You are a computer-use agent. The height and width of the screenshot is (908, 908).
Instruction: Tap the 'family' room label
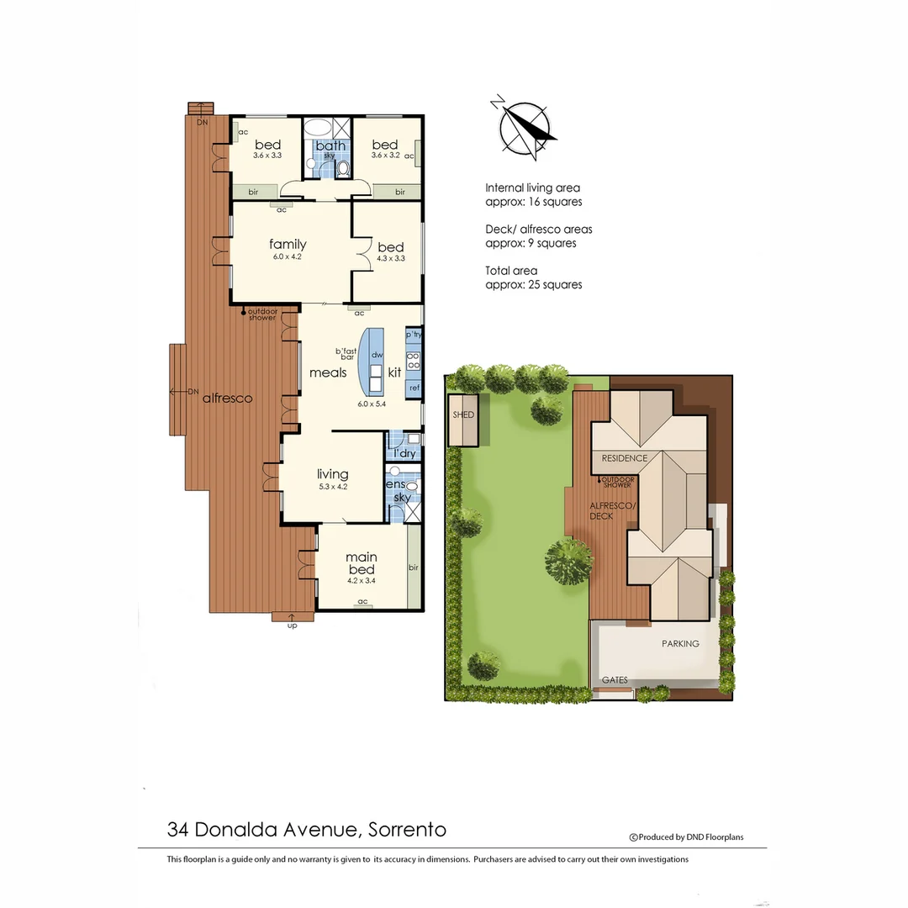pyautogui.click(x=288, y=245)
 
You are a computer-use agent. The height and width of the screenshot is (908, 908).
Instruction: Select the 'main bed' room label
pyautogui.click(x=362, y=563)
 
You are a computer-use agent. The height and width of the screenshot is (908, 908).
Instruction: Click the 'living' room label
pyautogui.click(x=332, y=474)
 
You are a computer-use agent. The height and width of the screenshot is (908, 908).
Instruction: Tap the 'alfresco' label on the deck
pyautogui.click(x=227, y=399)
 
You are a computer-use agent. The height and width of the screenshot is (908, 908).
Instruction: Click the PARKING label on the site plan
pyautogui.click(x=679, y=644)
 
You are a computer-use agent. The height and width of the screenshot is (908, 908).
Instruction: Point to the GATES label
pyautogui.click(x=614, y=680)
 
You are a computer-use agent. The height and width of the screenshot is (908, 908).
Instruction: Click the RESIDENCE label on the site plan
pyautogui.click(x=624, y=458)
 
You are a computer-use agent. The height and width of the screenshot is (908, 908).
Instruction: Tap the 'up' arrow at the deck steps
pyautogui.click(x=293, y=622)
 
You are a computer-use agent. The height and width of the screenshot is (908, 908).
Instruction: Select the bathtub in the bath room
pyautogui.click(x=317, y=129)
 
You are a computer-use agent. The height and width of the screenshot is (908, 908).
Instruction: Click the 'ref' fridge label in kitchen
pyautogui.click(x=414, y=388)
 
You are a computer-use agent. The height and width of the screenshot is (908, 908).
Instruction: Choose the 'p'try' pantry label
pyautogui.click(x=414, y=335)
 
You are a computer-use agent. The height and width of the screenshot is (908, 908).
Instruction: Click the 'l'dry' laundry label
pyautogui.click(x=404, y=454)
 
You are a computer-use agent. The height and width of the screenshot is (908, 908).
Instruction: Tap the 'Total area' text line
pyautogui.click(x=511, y=271)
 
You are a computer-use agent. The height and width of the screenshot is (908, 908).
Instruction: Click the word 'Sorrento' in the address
pyautogui.click(x=408, y=830)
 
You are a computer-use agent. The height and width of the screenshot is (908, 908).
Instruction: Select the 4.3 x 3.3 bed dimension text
pyautogui.click(x=390, y=258)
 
